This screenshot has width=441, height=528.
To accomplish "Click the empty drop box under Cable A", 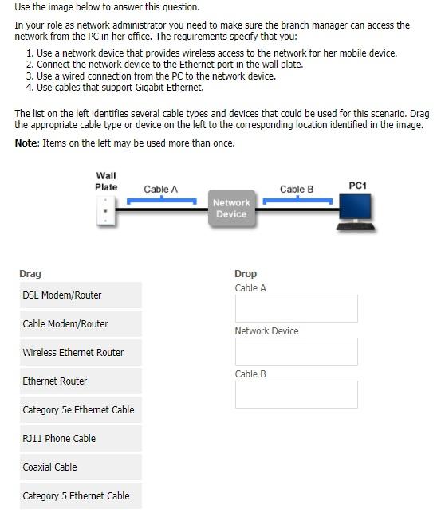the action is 296,308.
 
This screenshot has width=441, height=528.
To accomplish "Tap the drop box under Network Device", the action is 296,351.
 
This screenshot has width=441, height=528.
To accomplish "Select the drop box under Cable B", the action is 296,394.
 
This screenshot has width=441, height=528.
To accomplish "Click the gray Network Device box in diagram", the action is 231,209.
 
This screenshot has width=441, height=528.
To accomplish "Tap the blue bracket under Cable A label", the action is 162,199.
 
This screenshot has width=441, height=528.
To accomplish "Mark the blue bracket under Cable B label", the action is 297,199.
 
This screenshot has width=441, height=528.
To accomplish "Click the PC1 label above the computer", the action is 358,186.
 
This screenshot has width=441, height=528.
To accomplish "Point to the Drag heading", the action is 30,274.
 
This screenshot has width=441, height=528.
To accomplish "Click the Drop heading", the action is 246,274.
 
